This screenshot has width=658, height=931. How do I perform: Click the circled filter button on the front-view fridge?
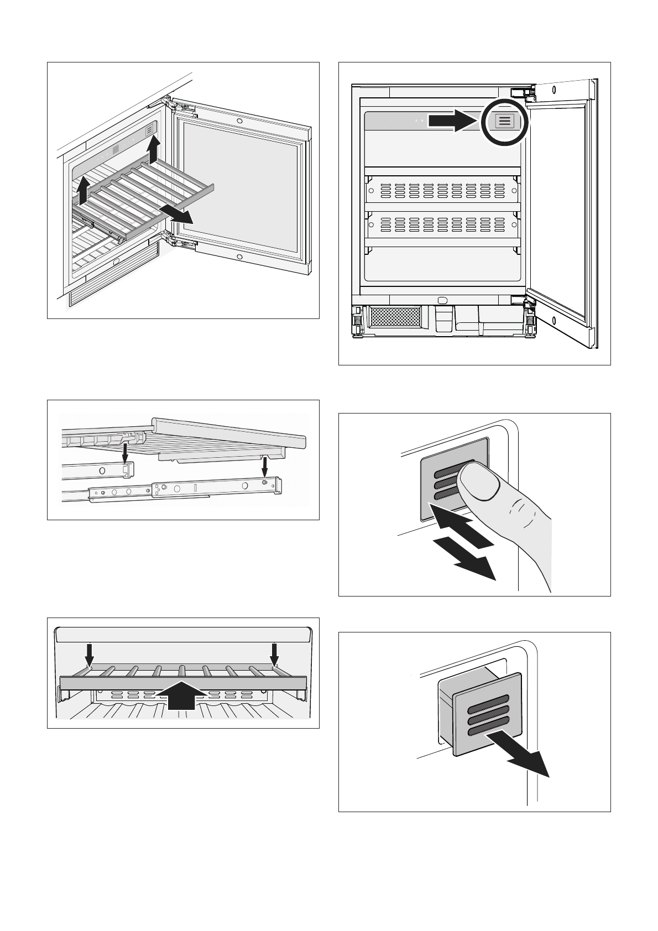[504, 121]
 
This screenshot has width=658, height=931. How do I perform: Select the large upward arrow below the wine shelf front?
[182, 697]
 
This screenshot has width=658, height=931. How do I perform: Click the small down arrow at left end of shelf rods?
[88, 655]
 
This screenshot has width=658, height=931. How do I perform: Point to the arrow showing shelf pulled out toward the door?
[176, 216]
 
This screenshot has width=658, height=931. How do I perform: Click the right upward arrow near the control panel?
[154, 149]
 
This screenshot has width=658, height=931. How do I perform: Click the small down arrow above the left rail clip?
[126, 452]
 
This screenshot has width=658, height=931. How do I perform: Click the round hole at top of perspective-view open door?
[238, 121]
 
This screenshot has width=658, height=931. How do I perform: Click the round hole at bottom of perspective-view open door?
[238, 257]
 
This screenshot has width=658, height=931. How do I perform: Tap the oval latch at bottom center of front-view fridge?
[442, 300]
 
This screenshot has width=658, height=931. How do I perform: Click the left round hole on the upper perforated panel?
[371, 190]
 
